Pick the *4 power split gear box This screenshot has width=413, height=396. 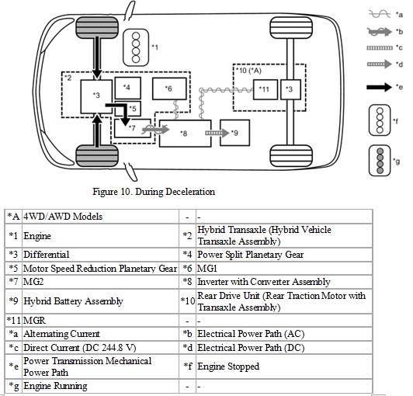(x=127, y=87)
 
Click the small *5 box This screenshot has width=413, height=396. (x=134, y=109)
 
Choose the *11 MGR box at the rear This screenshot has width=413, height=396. (x=263, y=89)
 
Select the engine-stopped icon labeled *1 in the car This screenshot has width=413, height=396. (x=137, y=47)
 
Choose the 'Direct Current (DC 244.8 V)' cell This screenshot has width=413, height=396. (x=78, y=347)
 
